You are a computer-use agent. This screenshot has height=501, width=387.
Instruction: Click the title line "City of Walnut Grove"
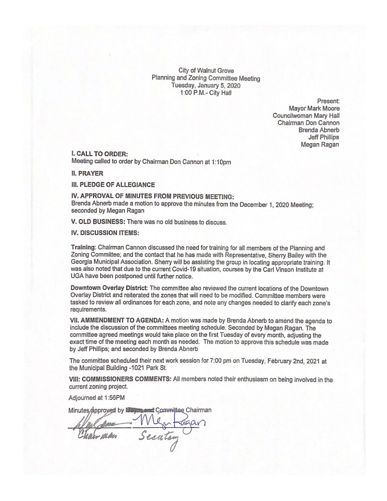click(x=206, y=71)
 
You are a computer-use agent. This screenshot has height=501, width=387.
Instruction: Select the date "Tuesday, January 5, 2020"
click(x=206, y=86)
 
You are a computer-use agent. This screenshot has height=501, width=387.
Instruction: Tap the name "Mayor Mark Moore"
click(x=314, y=108)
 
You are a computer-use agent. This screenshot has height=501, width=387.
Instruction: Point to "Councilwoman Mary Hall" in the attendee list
click(x=306, y=116)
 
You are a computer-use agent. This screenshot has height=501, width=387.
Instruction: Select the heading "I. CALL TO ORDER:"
click(x=99, y=154)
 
